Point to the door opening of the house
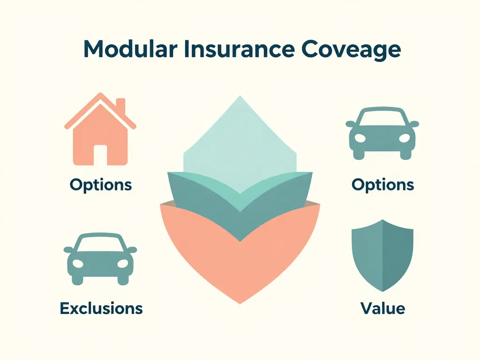click(x=100, y=154)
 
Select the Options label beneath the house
click(x=100, y=184)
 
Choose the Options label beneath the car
click(x=382, y=184)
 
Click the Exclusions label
click(x=101, y=308)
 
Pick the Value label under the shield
click(x=382, y=308)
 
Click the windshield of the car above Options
click(x=382, y=118)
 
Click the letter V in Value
click(x=366, y=308)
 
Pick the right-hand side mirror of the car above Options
click(x=414, y=124)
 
